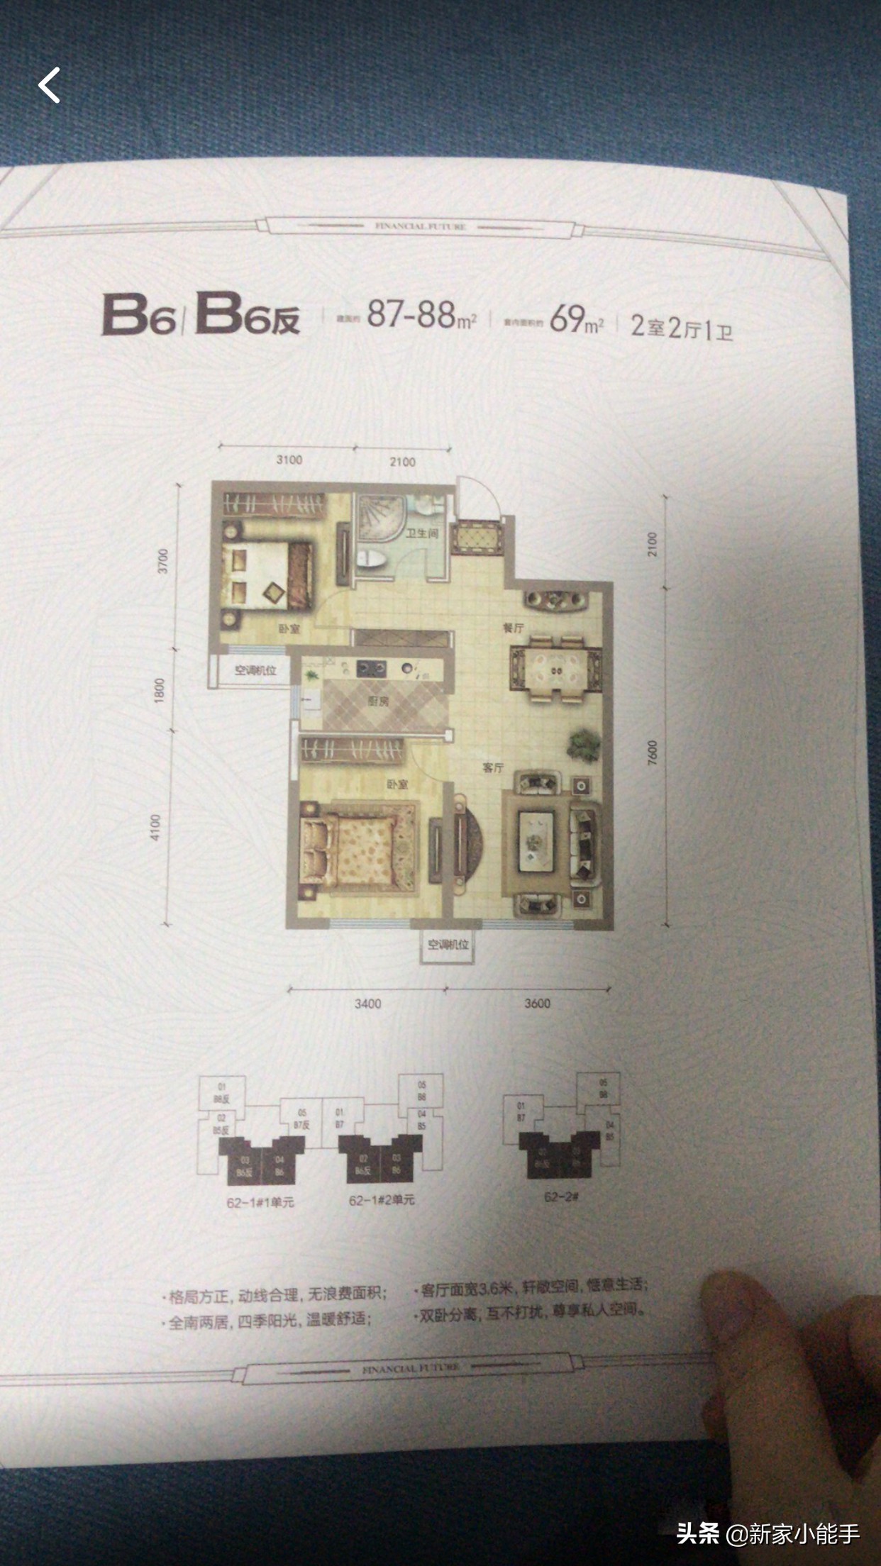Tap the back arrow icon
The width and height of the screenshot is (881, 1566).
pos(49,85)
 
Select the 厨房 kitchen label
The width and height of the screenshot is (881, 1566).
pos(377,703)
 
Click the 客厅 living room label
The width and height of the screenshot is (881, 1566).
pos(492,768)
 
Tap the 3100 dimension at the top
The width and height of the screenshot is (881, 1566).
pos(289,460)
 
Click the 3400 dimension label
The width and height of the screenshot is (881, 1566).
pos(367,1003)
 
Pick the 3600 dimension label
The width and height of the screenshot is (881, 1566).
pos(537,1003)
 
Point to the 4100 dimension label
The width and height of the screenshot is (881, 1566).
pos(155,828)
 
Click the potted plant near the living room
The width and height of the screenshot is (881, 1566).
pos(582,745)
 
